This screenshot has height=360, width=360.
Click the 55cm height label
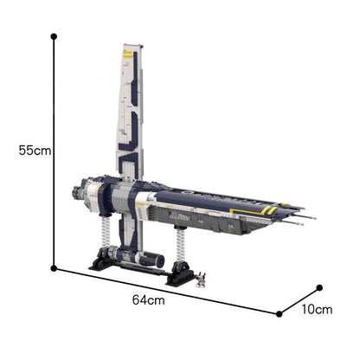[x=35, y=151]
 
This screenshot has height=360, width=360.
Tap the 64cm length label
[x=149, y=300]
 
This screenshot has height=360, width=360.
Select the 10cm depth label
[x=317, y=310]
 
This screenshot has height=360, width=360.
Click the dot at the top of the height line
[x=54, y=36]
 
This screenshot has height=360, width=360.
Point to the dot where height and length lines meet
[x=54, y=268]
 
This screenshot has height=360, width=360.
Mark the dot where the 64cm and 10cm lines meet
[x=279, y=314]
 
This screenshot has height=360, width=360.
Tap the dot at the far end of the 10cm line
[x=319, y=287]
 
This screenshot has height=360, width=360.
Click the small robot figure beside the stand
[x=201, y=280]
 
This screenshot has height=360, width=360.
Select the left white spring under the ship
[x=106, y=231]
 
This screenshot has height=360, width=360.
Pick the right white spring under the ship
[x=181, y=244]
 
